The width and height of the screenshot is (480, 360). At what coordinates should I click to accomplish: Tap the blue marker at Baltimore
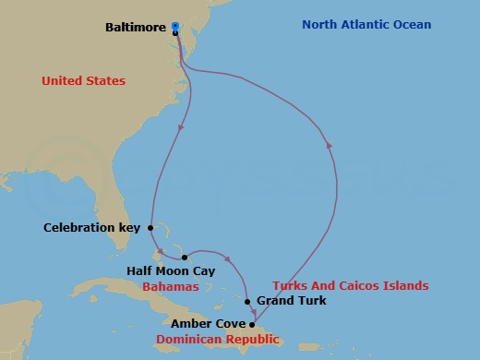click(x=175, y=26)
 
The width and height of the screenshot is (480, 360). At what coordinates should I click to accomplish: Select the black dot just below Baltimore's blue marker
click(x=175, y=33)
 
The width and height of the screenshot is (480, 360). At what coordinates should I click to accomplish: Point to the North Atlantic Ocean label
click(x=366, y=25)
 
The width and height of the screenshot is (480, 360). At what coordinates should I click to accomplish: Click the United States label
click(x=83, y=81)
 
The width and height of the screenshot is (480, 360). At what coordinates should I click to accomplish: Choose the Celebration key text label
click(x=92, y=227)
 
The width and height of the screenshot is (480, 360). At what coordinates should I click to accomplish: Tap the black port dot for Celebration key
click(x=150, y=227)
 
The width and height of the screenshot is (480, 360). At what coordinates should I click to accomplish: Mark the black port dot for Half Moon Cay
click(x=185, y=257)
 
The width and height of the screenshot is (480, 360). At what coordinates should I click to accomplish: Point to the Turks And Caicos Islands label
click(x=351, y=286)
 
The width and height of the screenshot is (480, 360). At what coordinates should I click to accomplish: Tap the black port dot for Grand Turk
click(x=247, y=301)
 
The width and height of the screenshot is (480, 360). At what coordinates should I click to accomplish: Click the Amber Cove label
click(x=208, y=324)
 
